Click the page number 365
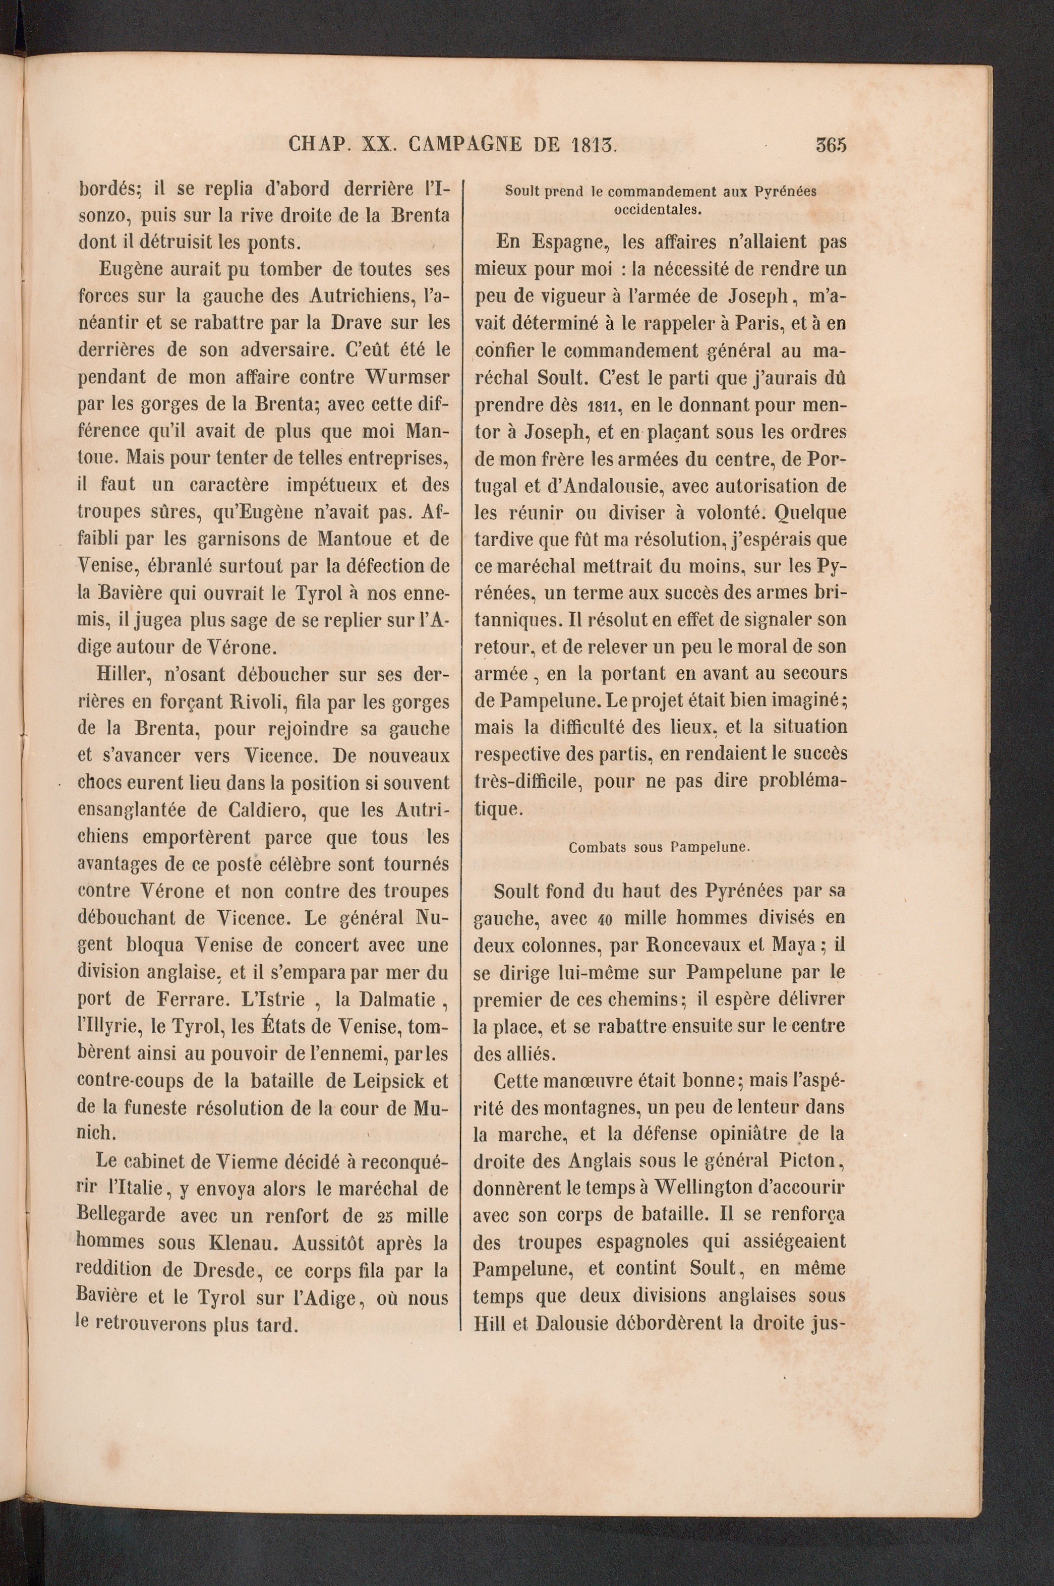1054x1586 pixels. [831, 145]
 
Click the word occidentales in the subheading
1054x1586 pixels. [658, 208]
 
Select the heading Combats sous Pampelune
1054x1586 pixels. [659, 847]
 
